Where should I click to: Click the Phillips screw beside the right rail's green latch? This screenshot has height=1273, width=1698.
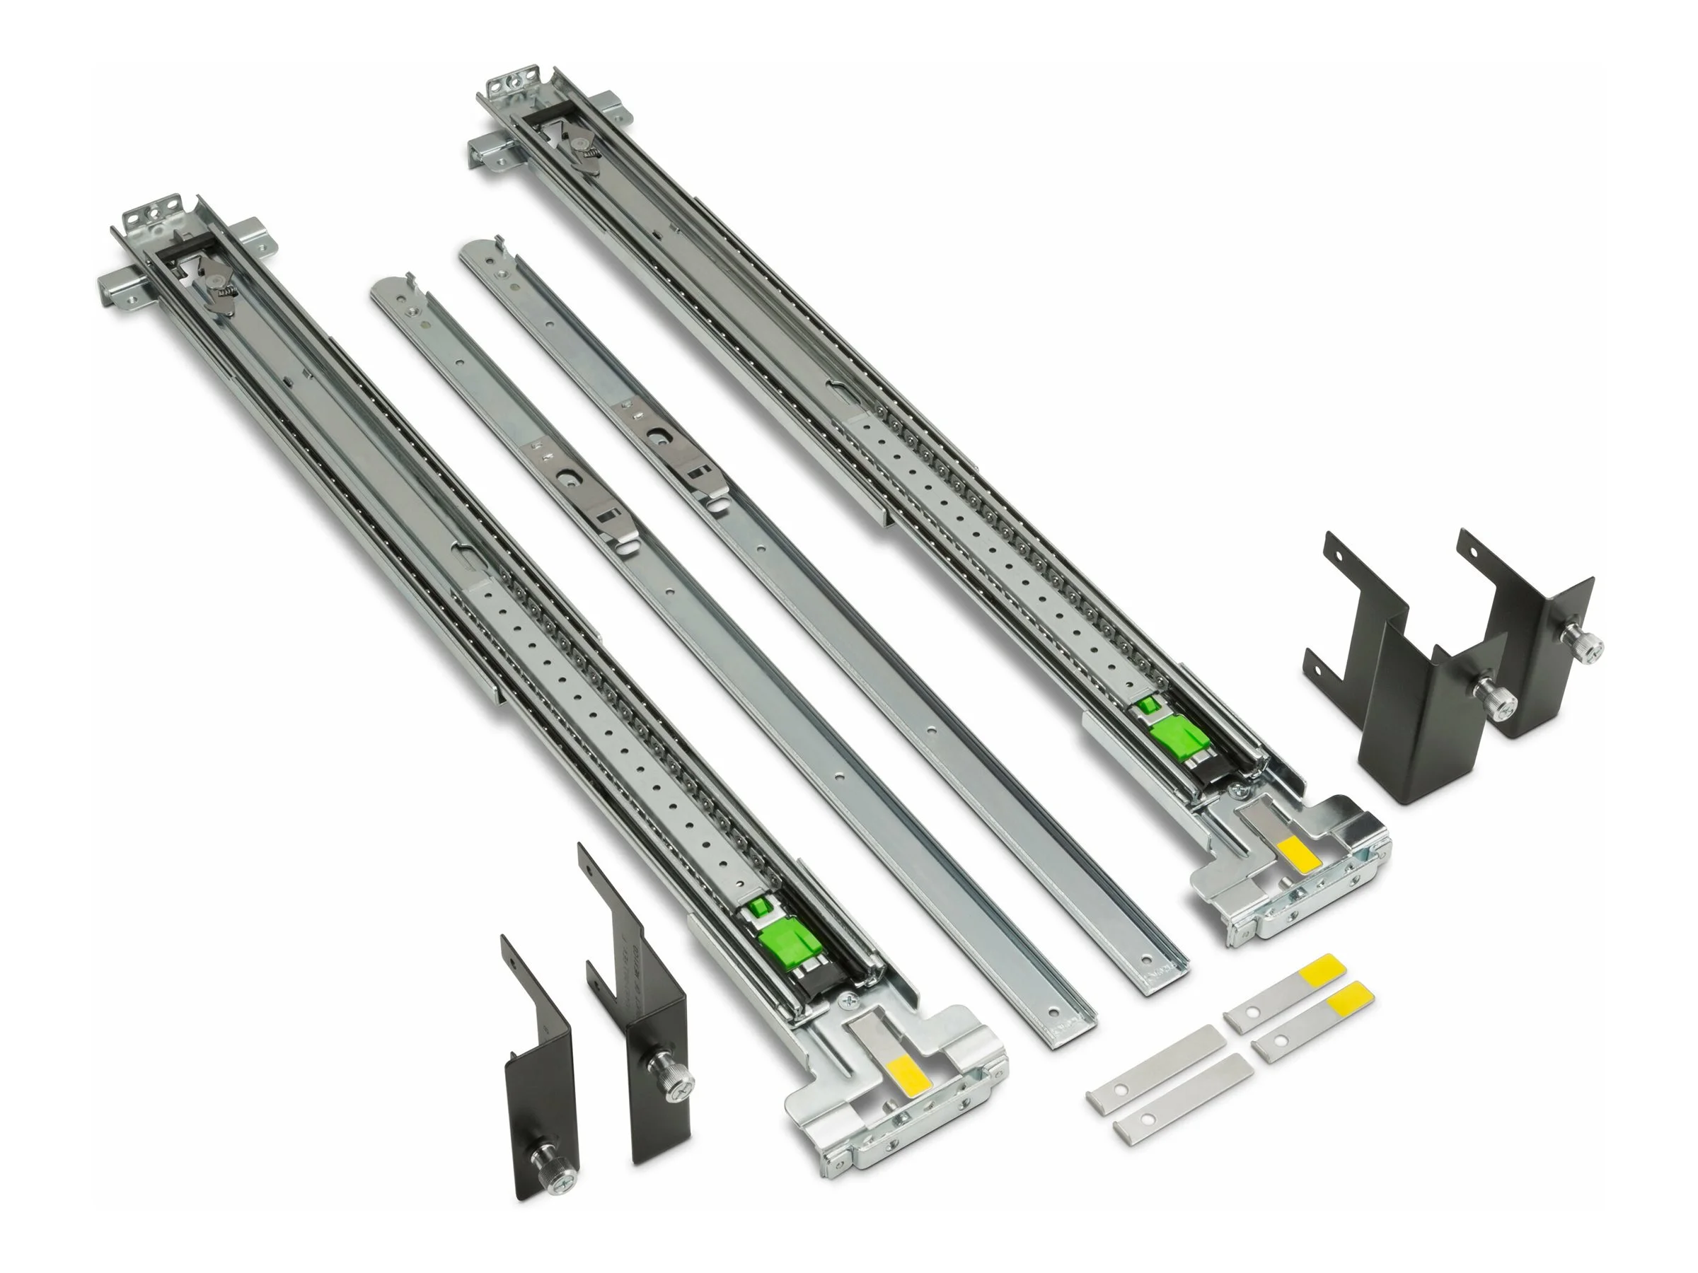pos(1235,788)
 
